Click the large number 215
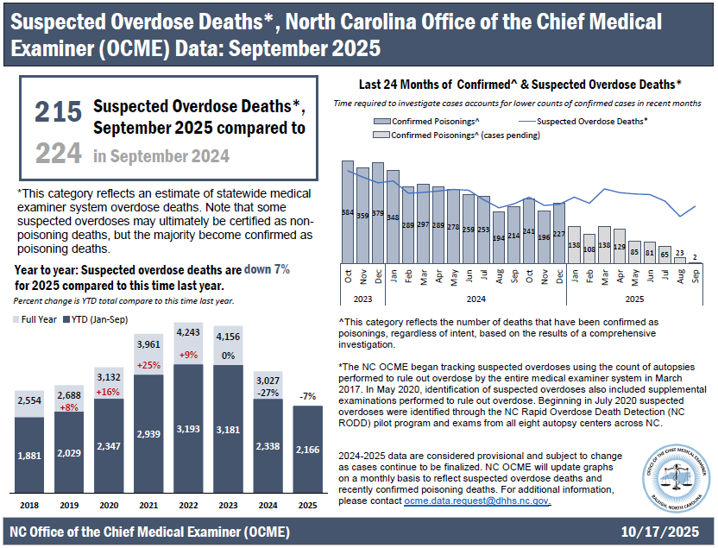[59, 112]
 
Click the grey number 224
[59, 154]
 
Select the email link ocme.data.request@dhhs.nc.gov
[476, 501]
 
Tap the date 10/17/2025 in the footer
[662, 530]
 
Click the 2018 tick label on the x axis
[28, 504]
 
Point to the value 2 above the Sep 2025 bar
[695, 257]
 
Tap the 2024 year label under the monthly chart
[476, 299]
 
